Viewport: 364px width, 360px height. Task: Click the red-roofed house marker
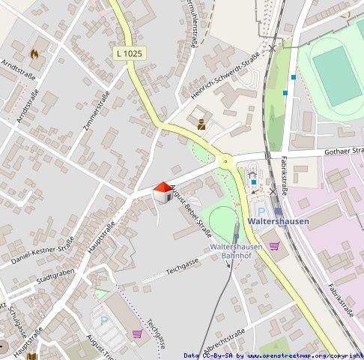click(x=161, y=192)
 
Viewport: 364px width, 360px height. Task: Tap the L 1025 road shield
click(x=130, y=54)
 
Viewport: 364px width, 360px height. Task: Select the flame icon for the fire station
click(x=34, y=53)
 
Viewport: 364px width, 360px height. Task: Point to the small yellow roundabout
click(x=224, y=161)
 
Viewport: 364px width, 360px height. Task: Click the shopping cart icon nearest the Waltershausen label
click(x=274, y=245)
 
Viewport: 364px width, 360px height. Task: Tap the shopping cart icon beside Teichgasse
click(x=137, y=334)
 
